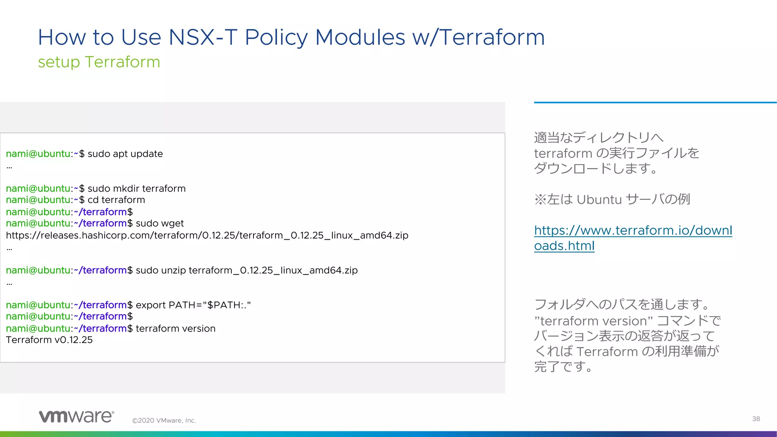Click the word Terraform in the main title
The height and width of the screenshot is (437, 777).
point(492,38)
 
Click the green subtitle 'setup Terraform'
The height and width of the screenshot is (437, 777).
point(99,62)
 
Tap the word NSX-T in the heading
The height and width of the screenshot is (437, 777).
point(203,38)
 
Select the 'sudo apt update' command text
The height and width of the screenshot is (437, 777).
point(125,154)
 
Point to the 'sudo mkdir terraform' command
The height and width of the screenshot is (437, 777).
point(137,189)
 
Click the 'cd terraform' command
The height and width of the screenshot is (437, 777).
point(116,200)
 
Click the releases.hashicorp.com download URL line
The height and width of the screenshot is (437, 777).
point(207,236)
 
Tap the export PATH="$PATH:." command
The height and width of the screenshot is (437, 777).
point(193,305)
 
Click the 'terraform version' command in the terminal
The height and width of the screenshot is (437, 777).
point(175,329)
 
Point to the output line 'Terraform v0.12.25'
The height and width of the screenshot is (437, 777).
point(49,340)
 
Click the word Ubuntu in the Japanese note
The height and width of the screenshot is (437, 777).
point(599,200)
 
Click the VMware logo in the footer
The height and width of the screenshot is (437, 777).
point(76,416)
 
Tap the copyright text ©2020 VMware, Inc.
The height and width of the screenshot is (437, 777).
point(164,421)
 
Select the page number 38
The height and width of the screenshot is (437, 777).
point(756,419)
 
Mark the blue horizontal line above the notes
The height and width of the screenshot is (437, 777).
point(655,102)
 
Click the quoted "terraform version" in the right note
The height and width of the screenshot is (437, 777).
point(593,321)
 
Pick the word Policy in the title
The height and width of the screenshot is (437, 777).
point(276,38)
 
